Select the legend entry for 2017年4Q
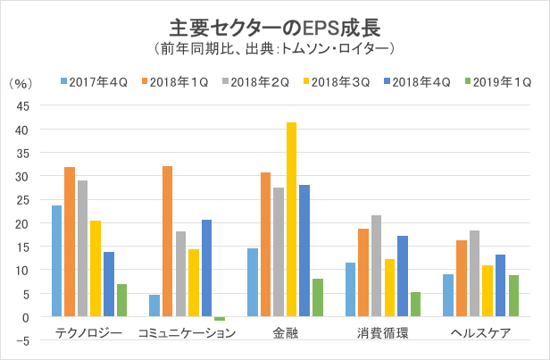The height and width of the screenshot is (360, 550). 95,83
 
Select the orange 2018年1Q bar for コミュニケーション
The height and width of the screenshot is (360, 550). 167,241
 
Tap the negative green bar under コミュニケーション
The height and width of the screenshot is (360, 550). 220,319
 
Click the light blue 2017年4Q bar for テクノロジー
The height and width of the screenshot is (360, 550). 56,261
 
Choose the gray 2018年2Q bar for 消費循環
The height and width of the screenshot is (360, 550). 376,265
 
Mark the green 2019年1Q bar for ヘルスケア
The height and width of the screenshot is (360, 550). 512,296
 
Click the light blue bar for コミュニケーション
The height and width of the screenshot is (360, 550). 154,306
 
